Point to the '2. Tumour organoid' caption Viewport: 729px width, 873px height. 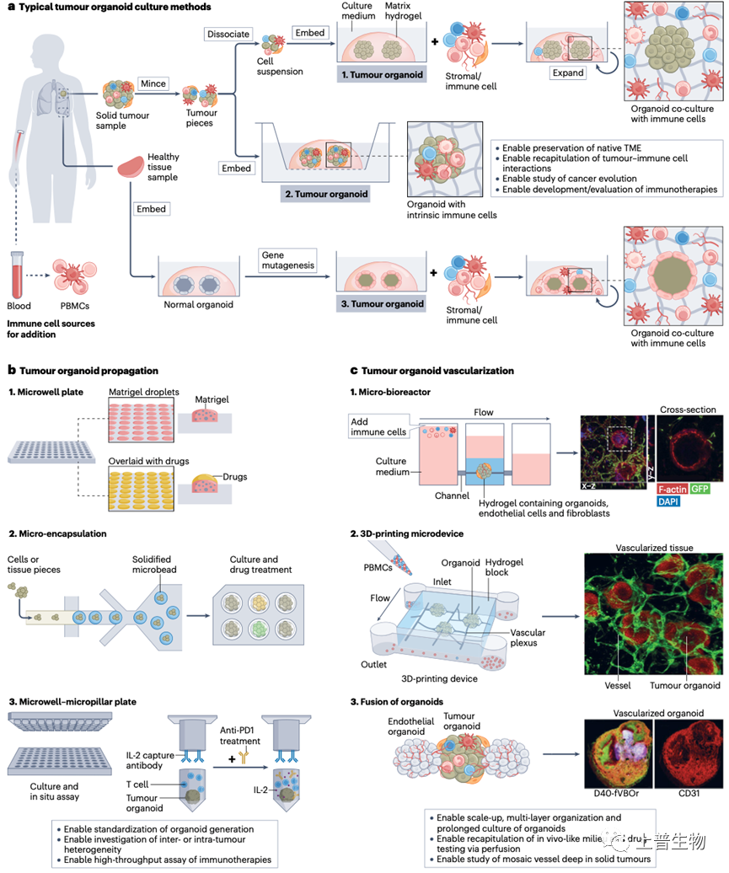click(x=324, y=193)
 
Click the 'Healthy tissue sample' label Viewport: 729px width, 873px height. click(x=163, y=163)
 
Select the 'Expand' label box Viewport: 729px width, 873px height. click(x=569, y=72)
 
